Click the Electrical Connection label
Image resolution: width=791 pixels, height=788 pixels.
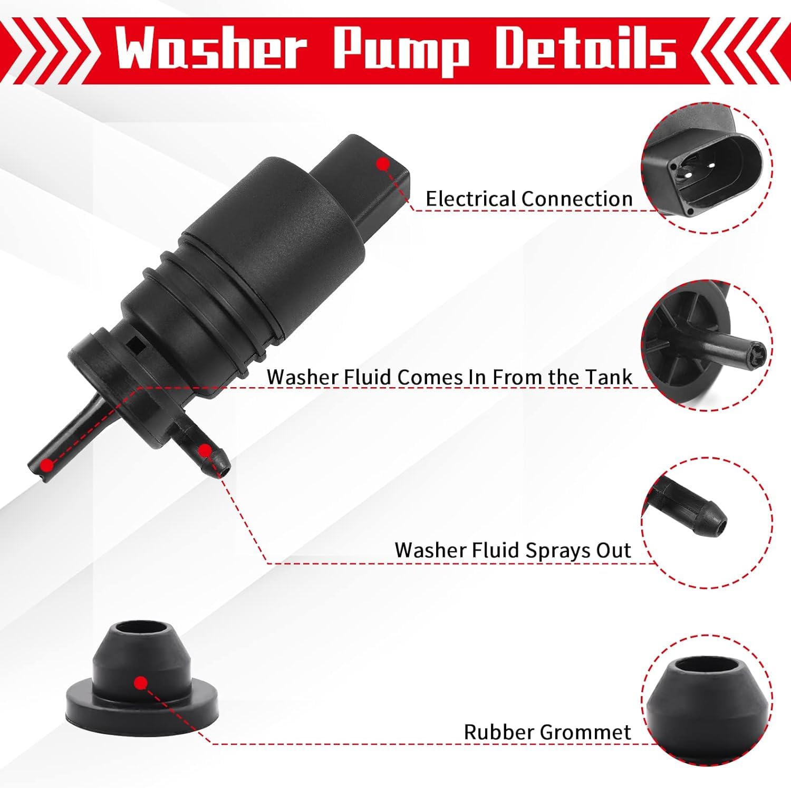529,199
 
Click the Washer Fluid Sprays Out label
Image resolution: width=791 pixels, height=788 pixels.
513,550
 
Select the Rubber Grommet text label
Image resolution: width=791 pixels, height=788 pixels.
547,732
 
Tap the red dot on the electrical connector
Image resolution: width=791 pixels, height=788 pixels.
383,165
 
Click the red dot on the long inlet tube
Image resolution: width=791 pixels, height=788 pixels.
47,465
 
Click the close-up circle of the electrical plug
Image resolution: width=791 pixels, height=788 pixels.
707,168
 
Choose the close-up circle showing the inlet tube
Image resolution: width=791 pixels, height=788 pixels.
707,345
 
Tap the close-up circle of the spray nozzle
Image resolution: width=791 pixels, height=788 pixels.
707,522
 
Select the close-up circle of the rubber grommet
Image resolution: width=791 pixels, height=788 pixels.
707,699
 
